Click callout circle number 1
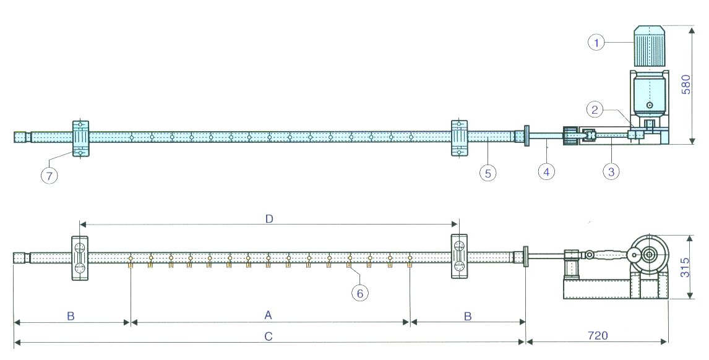click(x=597, y=42)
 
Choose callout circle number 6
click(x=359, y=293)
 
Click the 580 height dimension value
click(x=686, y=84)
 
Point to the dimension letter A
click(x=268, y=315)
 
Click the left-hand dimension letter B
click(x=71, y=316)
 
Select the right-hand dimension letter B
click(x=468, y=316)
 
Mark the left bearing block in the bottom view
click(x=79, y=258)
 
